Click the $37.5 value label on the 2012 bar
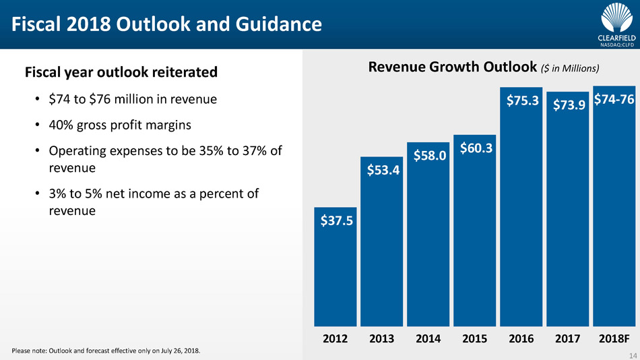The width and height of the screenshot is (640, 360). pyautogui.click(x=335, y=220)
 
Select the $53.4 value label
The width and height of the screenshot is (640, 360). pyautogui.click(x=382, y=170)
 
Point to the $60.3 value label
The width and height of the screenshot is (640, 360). pyautogui.click(x=474, y=147)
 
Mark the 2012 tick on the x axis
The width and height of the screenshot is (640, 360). pyautogui.click(x=335, y=338)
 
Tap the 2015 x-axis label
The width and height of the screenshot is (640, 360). pyautogui.click(x=474, y=338)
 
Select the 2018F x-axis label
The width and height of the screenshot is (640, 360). pyautogui.click(x=614, y=338)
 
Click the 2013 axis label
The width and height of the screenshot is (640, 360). pyautogui.click(x=382, y=338)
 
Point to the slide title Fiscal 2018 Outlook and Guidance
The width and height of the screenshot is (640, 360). pyautogui.click(x=165, y=26)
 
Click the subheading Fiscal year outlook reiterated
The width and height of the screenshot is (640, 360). pyautogui.click(x=121, y=71)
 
